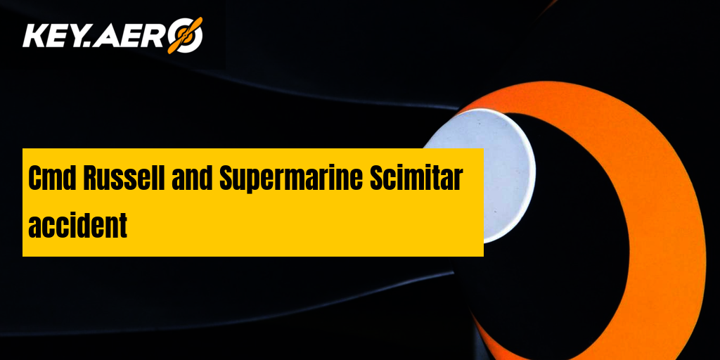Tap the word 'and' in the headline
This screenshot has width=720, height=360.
click(x=192, y=178)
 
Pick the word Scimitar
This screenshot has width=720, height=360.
click(x=416, y=178)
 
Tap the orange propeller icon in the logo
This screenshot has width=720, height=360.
click(x=184, y=35)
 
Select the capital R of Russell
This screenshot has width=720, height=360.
click(x=91, y=178)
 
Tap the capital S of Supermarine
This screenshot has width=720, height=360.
click(x=227, y=178)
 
